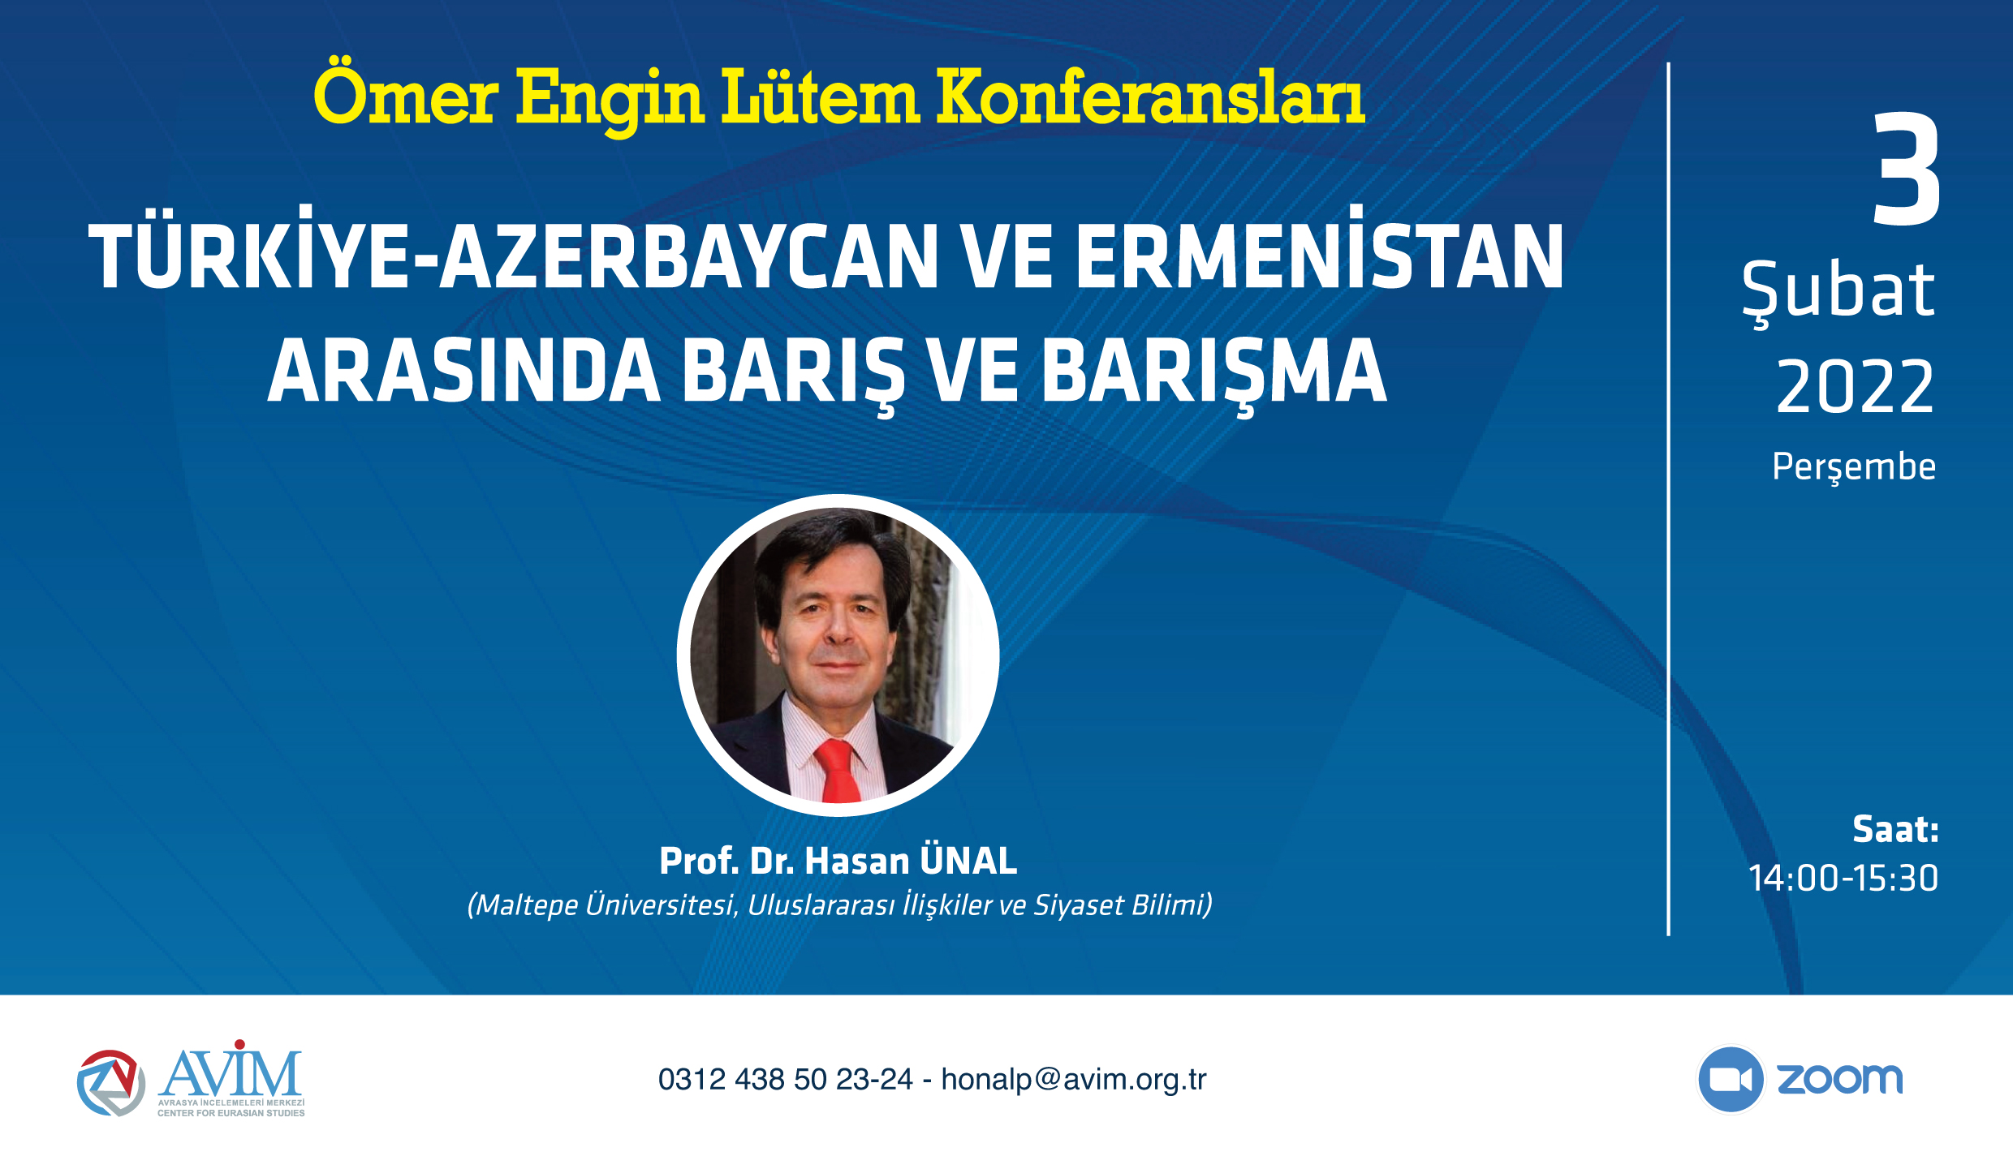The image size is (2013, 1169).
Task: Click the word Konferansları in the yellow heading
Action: click(x=1150, y=97)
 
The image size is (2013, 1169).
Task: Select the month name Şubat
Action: click(x=1838, y=293)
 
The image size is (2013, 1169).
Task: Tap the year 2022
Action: click(x=1855, y=387)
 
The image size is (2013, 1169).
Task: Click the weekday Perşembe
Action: click(x=1854, y=467)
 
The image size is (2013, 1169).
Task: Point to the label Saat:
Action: click(x=1895, y=829)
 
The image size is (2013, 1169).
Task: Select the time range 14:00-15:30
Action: click(x=1843, y=878)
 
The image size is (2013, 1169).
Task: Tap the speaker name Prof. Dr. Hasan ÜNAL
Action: click(x=838, y=861)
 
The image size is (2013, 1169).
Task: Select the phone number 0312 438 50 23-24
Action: click(x=785, y=1080)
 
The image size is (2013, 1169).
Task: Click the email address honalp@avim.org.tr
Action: click(x=1074, y=1080)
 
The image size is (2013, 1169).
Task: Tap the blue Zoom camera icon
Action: click(x=1731, y=1079)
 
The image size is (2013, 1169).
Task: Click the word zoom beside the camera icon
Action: click(x=1839, y=1080)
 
